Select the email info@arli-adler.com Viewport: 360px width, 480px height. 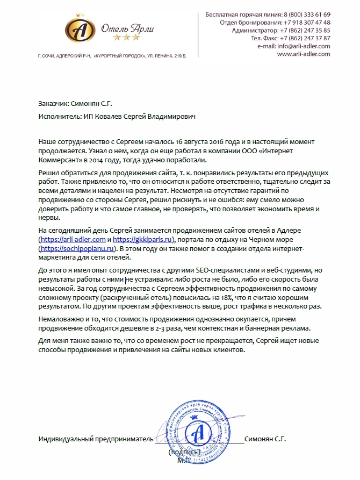(303, 46)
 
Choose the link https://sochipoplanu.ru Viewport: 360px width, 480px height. (78, 249)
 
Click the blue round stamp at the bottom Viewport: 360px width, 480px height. (198, 435)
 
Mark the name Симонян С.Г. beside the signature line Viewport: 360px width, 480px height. (265, 439)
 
